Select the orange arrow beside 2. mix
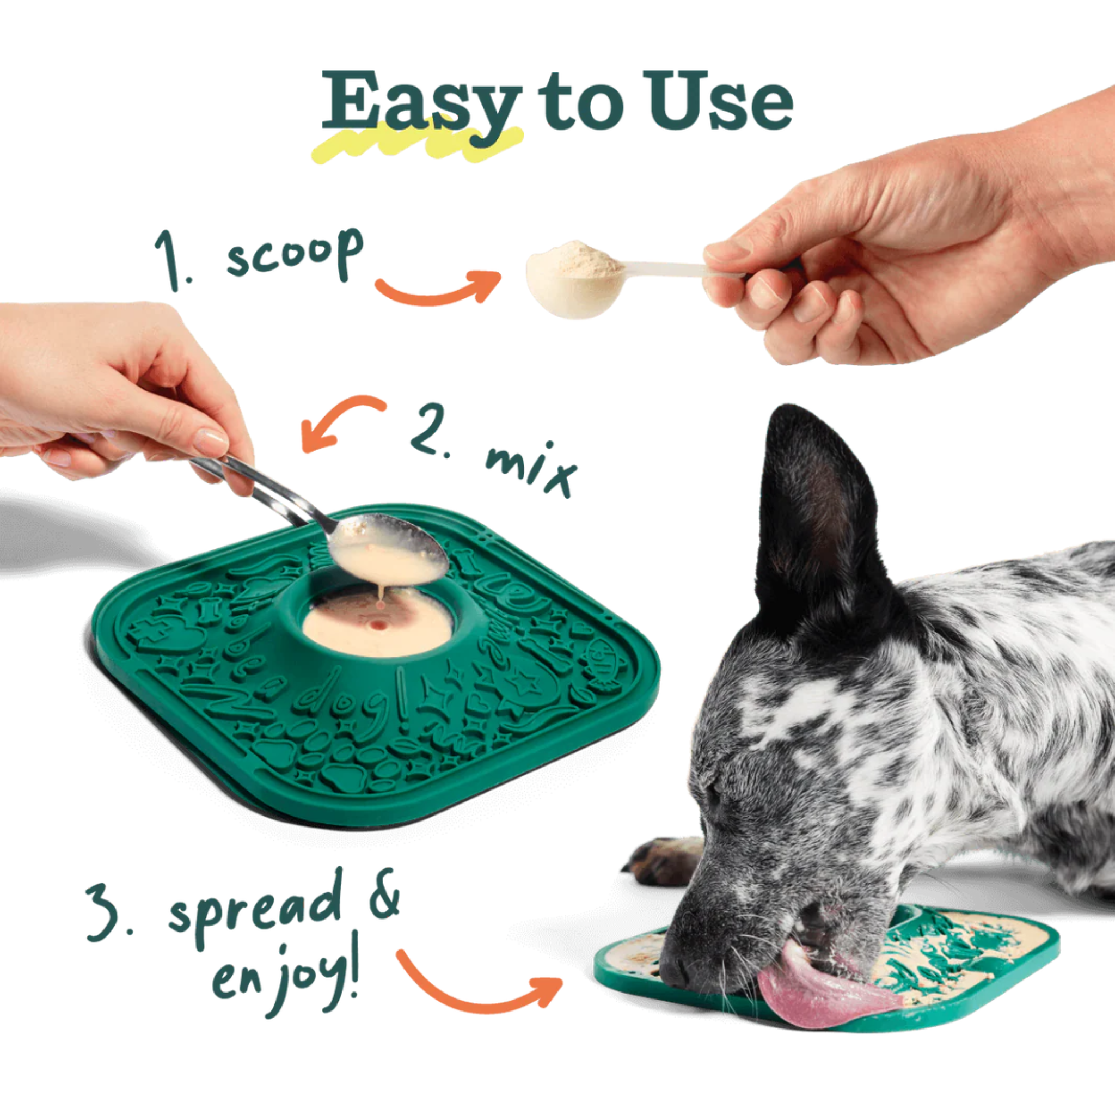[x=340, y=421]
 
